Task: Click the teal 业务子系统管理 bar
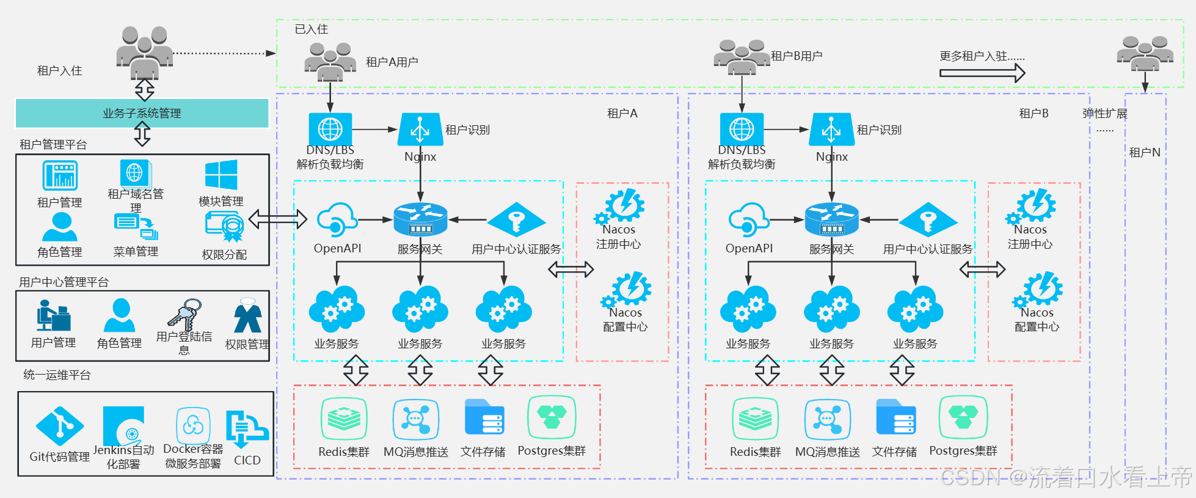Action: tap(142, 113)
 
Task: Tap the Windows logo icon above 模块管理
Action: tap(221, 175)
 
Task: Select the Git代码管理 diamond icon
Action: tap(60, 426)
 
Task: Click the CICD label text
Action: tap(247, 460)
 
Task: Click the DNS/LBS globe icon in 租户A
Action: tap(330, 129)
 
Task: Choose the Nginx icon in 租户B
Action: tap(831, 129)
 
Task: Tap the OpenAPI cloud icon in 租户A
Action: tap(337, 220)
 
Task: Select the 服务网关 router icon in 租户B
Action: tap(832, 220)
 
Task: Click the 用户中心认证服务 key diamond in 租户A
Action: tap(516, 219)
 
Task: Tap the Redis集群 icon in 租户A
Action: tap(344, 419)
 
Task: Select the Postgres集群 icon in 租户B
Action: tap(963, 417)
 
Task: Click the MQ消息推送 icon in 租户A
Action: tap(415, 419)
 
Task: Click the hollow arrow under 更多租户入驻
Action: tap(982, 73)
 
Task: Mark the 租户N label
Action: tap(1145, 152)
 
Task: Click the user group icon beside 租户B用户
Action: tap(742, 56)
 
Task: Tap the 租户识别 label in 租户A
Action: tap(467, 130)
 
